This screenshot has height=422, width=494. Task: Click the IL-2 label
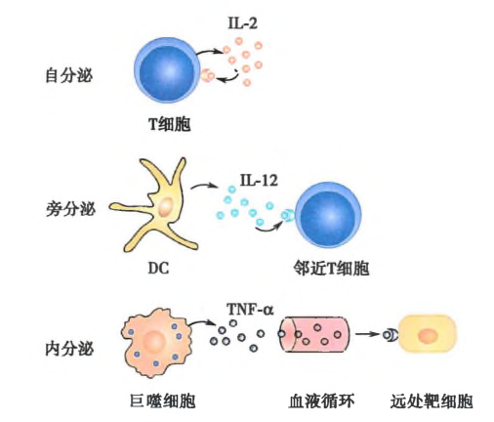point(242,23)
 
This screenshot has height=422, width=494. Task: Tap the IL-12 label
point(259,180)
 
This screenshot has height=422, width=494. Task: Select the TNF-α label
point(250,309)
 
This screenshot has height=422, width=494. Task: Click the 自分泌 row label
point(69,75)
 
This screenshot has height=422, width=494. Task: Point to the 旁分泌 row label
point(70,209)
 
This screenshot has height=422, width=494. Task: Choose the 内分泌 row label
point(69,349)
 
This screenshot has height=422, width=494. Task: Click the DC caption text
point(158,268)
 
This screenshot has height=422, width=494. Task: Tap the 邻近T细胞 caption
point(331,269)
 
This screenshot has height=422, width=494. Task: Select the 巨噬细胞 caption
point(163,401)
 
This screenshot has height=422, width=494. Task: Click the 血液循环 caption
point(321,401)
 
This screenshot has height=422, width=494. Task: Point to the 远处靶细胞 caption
point(432,401)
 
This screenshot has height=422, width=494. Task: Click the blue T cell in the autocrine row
point(167,70)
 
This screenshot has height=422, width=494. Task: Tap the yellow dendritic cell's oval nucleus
point(166,206)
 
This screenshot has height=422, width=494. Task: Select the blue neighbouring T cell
point(328,215)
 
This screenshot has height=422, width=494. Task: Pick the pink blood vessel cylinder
point(314,334)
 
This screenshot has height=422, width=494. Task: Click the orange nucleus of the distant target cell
point(428,336)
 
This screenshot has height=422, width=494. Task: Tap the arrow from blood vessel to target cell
point(368,334)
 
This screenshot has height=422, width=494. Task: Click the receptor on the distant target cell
point(391,335)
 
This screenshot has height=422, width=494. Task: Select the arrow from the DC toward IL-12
point(204,186)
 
